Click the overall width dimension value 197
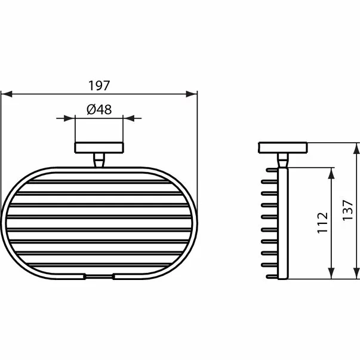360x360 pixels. pyautogui.click(x=99, y=85)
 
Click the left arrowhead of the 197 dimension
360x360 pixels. pyautogui.click(x=5, y=94)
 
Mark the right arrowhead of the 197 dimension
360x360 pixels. pyautogui.click(x=193, y=94)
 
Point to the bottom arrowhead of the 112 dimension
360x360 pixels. pyautogui.click(x=330, y=275)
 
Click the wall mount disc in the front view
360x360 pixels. pyautogui.click(x=99, y=147)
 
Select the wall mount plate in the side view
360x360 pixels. pyautogui.click(x=282, y=147)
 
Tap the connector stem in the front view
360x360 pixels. pyautogui.click(x=99, y=159)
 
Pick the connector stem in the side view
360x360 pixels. pyautogui.click(x=282, y=159)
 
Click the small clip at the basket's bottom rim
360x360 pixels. pyautogui.click(x=99, y=276)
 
